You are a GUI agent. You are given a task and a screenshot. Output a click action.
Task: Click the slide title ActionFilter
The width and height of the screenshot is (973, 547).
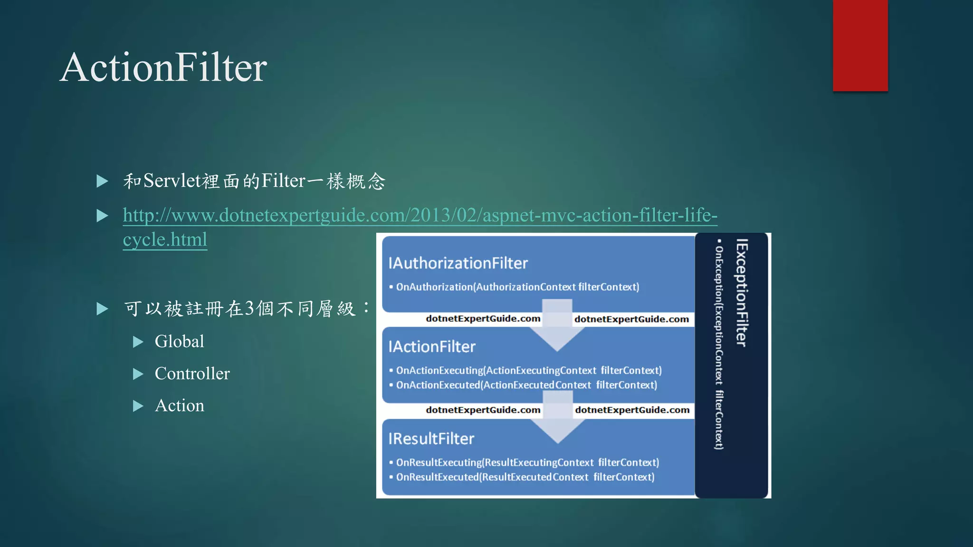click(163, 67)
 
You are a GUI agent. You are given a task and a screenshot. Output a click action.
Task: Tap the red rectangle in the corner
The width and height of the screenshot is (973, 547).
click(860, 45)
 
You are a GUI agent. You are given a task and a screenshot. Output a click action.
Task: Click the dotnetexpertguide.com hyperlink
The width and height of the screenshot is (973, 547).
click(420, 216)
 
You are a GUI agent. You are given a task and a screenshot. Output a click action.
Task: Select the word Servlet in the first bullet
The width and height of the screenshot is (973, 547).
click(172, 181)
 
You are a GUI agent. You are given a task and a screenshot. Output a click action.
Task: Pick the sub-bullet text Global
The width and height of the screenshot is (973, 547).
click(179, 341)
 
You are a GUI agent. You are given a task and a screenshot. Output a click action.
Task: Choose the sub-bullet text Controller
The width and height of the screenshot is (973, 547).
click(192, 374)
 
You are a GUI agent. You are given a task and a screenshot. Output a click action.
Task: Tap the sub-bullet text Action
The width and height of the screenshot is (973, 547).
click(179, 406)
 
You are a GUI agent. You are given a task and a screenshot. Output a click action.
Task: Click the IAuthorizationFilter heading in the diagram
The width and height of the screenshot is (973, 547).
click(458, 263)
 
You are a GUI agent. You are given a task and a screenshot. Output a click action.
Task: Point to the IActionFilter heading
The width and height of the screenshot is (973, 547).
click(432, 347)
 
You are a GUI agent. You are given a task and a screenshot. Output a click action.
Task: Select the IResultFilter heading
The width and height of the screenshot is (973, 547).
click(431, 439)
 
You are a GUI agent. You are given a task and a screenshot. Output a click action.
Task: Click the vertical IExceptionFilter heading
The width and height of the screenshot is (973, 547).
click(742, 292)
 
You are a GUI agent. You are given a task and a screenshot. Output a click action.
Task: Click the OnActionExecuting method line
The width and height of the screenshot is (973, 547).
click(529, 370)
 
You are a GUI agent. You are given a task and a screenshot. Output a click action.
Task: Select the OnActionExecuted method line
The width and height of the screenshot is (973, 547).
click(526, 385)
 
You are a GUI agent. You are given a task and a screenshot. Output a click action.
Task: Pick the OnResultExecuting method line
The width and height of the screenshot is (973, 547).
click(527, 462)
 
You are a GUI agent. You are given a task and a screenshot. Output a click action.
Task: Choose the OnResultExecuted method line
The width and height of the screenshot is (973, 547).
click(525, 477)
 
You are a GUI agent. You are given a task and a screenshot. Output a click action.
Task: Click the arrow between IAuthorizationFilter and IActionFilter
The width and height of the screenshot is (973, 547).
click(557, 328)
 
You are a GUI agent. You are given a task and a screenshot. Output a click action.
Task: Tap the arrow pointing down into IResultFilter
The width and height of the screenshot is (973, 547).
click(557, 420)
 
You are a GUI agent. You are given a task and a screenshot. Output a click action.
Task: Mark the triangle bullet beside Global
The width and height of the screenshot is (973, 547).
click(138, 342)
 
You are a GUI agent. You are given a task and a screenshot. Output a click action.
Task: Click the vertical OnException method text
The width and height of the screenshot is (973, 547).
click(719, 347)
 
